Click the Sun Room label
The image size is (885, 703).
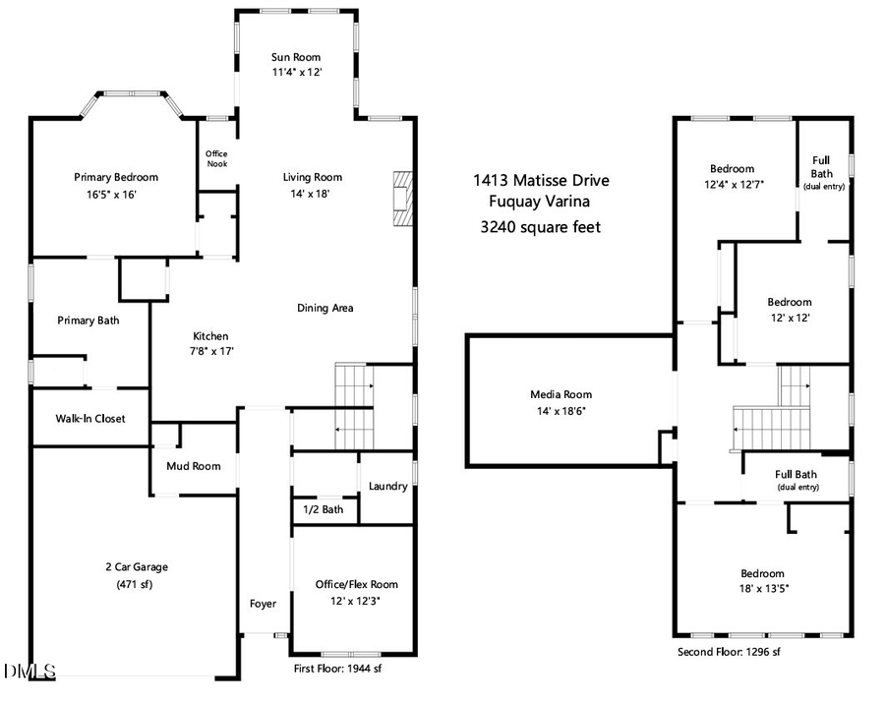point(297,57)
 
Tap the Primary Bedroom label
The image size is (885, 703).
point(116,177)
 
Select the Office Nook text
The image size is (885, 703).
point(216,159)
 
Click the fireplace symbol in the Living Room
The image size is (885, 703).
point(401,199)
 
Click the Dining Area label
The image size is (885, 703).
point(325,308)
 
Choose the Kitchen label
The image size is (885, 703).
point(210,336)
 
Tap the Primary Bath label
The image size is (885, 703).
point(88,321)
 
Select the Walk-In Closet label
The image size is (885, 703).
point(90,419)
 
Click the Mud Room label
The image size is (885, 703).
point(194,466)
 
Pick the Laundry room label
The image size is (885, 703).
point(388,487)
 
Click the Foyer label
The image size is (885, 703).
point(263,604)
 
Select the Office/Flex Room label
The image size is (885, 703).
point(357,584)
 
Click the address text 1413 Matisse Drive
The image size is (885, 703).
point(541,180)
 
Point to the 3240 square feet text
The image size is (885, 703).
point(541,227)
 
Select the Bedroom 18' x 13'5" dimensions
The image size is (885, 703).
point(762,589)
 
